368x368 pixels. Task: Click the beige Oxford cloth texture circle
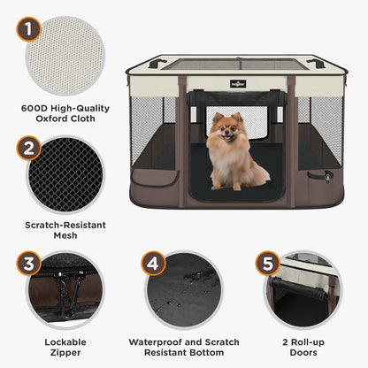65,56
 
